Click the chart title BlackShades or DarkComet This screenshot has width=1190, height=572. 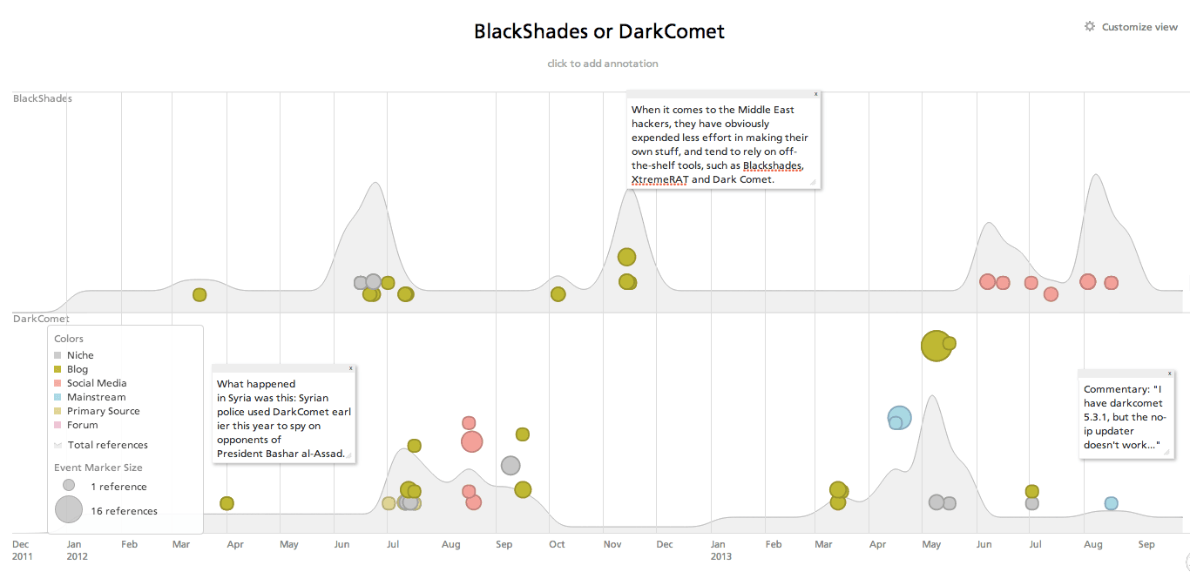tap(598, 31)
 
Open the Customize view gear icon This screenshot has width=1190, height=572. tap(1090, 27)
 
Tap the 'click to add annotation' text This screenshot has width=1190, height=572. tap(603, 64)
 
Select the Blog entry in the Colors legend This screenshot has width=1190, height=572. tap(71, 369)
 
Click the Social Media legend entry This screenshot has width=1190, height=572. tap(91, 383)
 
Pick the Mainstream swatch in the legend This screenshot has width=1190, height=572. tap(57, 397)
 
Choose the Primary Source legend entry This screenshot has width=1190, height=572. tap(97, 411)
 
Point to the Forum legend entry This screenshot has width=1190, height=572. tap(76, 425)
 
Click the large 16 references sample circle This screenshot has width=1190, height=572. tap(69, 509)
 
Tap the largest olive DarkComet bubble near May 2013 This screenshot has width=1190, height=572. tap(936, 346)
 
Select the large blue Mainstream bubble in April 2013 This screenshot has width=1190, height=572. tap(899, 417)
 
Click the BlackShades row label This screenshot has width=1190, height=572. tap(43, 98)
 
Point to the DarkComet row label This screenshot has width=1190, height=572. tap(41, 319)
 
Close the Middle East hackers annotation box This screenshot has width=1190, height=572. tap(816, 94)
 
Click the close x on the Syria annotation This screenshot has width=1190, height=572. tap(350, 368)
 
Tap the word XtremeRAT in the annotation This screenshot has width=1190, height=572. tap(659, 179)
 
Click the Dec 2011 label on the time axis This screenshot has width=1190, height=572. tap(22, 550)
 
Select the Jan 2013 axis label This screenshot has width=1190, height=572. tap(721, 550)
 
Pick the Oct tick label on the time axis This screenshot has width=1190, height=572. tap(557, 544)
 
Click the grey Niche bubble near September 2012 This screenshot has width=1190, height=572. tap(510, 466)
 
